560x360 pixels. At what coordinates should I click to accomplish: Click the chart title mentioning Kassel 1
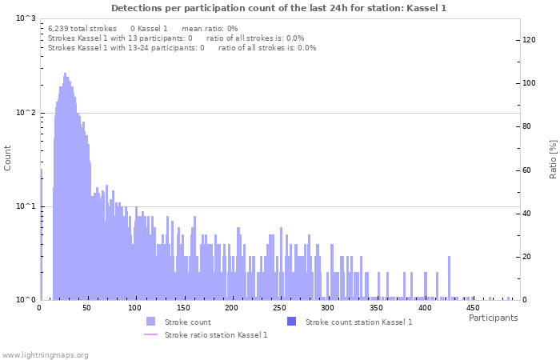pos(278,8)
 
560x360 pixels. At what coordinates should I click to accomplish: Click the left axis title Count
pos(8,158)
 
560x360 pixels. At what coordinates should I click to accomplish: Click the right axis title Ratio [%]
pos(553,158)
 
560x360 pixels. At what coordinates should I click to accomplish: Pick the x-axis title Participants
pos(493,318)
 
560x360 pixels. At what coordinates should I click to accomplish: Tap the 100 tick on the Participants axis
pos(135,308)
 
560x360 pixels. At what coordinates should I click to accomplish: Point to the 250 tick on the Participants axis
pos(280,308)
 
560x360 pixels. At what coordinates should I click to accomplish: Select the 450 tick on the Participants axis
pos(472,308)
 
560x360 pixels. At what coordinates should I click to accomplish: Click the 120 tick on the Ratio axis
pos(529,39)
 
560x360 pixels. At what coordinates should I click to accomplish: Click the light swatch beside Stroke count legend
pos(151,322)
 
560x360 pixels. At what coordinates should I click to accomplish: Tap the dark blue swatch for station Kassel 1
pos(292,322)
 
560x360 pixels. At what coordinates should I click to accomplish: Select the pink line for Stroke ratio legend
pos(151,334)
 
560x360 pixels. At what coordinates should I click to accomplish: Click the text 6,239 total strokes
pos(82,28)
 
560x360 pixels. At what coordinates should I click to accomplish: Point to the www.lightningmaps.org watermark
pos(46,354)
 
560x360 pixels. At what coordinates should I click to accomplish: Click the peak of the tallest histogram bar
pos(65,74)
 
